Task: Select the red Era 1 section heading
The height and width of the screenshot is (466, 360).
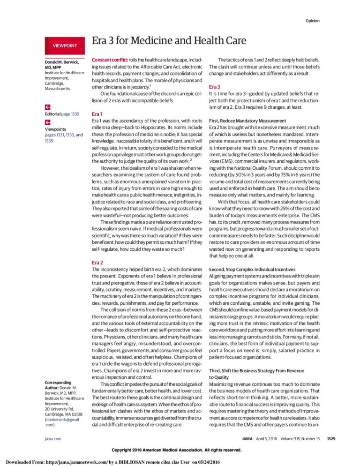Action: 97,114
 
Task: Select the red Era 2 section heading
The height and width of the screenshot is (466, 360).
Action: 97,263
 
